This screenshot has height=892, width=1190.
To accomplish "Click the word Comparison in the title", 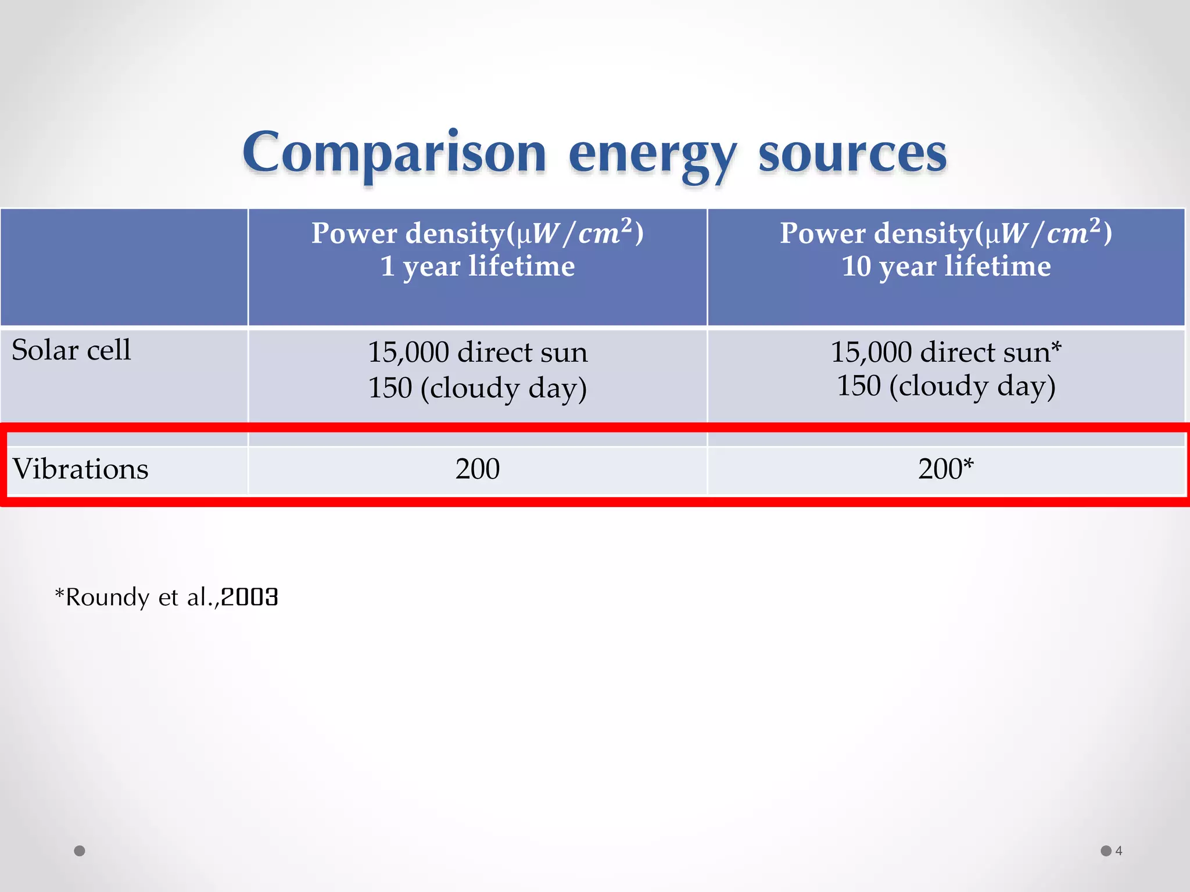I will (394, 153).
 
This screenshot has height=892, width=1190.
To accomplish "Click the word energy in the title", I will (652, 154).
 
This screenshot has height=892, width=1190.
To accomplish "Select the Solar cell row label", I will (71, 350).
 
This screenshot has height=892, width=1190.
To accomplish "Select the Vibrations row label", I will (81, 469).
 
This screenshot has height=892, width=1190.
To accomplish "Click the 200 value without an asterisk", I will (477, 469).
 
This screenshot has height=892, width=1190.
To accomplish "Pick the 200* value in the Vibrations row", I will (945, 469).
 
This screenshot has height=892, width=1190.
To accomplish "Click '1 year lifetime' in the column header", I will (477, 267).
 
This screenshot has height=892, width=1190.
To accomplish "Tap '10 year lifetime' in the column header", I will (946, 267).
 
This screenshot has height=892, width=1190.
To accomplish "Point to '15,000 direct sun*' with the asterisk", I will (946, 352).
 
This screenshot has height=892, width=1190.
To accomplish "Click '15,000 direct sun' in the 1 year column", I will (477, 352).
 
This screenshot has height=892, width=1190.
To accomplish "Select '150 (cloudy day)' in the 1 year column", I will (477, 388).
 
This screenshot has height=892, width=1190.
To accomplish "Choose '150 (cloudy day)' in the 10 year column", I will (946, 386).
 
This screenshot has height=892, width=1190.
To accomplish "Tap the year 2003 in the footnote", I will (250, 597).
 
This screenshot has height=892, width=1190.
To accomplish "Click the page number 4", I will (1119, 851).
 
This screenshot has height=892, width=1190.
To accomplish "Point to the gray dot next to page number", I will (1106, 851).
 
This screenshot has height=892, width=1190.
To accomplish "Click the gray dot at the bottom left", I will (80, 851).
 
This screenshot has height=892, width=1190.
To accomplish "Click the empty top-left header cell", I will (124, 267).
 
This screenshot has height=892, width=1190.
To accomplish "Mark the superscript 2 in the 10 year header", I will (1095, 225).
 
